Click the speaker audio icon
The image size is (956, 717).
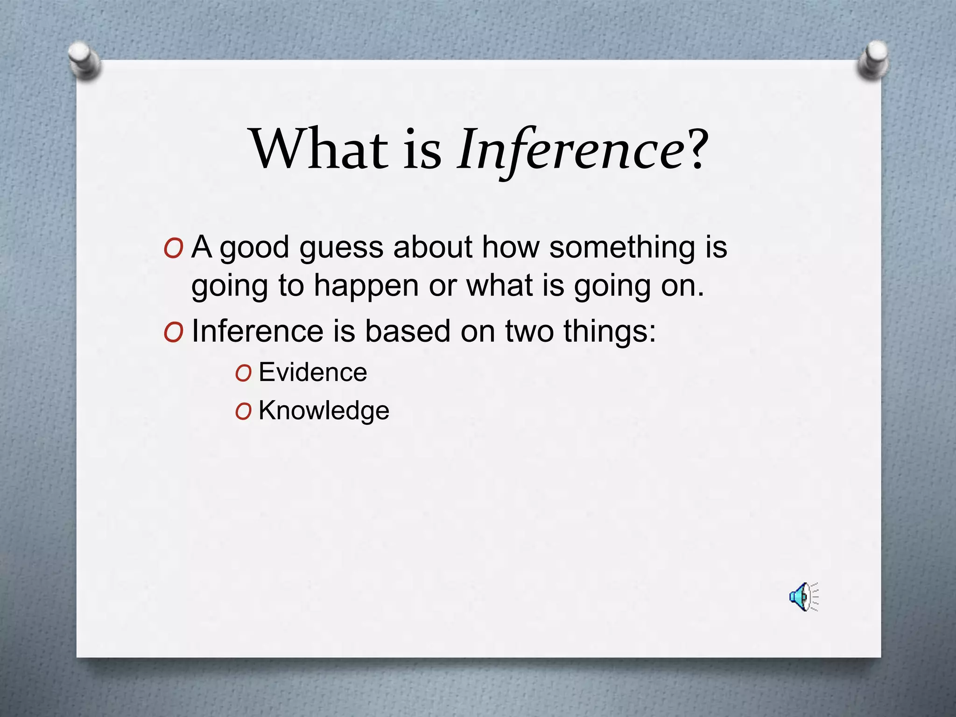[803, 597]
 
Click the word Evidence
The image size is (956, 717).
[313, 373]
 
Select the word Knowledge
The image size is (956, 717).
[323, 411]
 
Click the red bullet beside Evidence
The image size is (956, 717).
[243, 373]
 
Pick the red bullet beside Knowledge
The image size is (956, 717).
[243, 412]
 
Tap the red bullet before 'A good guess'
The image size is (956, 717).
[173, 249]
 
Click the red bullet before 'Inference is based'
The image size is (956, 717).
[173, 333]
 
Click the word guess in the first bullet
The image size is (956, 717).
[341, 247]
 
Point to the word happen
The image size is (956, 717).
[366, 286]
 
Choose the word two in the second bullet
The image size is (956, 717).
[529, 331]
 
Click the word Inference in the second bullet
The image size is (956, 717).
[258, 331]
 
